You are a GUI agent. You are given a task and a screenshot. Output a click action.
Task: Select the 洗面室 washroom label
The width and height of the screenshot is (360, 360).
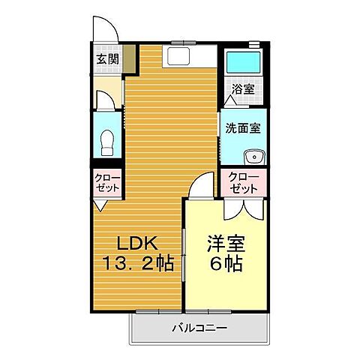pyautogui.click(x=242, y=127)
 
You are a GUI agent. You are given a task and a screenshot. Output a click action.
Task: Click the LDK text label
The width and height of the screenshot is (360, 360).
pyautogui.click(x=135, y=244)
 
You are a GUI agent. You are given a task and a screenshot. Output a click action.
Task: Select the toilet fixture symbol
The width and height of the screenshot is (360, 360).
pyautogui.click(x=106, y=142)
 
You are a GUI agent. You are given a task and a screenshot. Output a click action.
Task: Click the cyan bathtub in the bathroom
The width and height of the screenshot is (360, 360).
pyautogui.click(x=242, y=62)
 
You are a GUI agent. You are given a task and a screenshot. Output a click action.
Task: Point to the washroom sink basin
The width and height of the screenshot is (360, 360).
pyautogui.click(x=253, y=157)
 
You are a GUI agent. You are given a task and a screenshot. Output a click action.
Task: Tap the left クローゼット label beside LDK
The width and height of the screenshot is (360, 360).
pyautogui.click(x=106, y=182)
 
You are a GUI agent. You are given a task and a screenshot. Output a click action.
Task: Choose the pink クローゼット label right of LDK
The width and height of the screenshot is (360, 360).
pyautogui.click(x=243, y=182)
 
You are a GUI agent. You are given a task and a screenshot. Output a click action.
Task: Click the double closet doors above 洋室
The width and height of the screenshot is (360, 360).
pyautogui.click(x=242, y=208)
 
